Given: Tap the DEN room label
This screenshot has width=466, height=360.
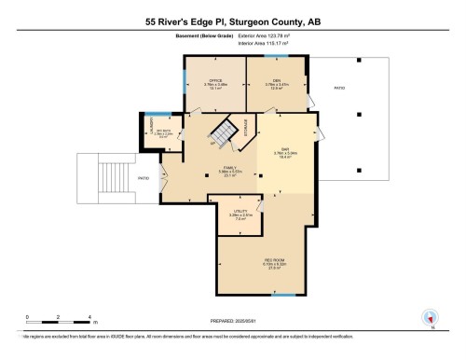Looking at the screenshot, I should [276, 79].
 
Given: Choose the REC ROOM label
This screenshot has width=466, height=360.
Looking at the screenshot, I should [274, 258].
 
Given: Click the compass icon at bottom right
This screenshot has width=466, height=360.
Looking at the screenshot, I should [431, 316].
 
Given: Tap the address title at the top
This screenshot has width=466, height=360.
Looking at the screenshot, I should [232, 21].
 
